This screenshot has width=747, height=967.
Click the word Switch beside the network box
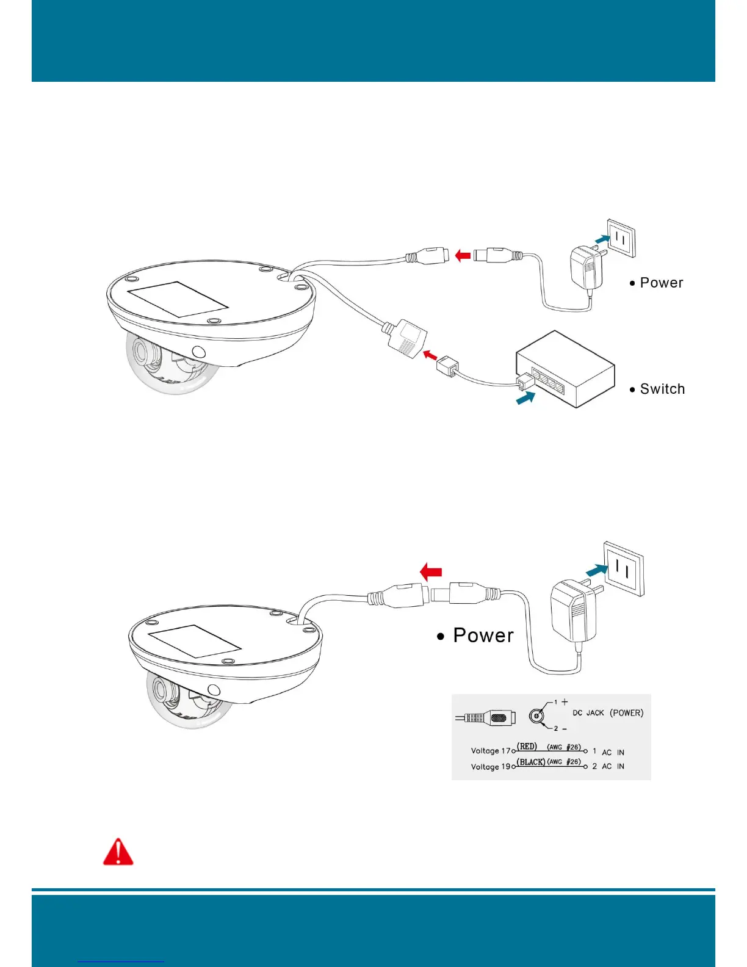(662, 389)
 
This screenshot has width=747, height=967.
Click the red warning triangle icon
(118, 852)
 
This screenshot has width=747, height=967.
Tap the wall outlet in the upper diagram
(621, 239)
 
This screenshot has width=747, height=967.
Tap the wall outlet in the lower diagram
(624, 568)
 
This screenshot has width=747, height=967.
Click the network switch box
(565, 370)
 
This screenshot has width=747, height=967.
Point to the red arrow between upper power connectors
(463, 255)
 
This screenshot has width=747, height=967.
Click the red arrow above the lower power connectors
(431, 572)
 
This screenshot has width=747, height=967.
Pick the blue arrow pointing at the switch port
(525, 397)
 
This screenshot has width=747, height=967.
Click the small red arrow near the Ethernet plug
(430, 355)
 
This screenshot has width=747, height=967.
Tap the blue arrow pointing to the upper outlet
(602, 239)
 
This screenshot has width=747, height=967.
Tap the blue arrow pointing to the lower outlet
(596, 570)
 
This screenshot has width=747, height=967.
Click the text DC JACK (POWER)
(608, 713)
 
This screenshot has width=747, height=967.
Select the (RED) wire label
(527, 747)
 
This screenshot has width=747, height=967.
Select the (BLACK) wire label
(531, 762)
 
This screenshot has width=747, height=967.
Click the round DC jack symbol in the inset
(536, 715)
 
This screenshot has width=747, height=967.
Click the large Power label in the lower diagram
(483, 636)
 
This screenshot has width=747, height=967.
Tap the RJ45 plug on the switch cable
(447, 368)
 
